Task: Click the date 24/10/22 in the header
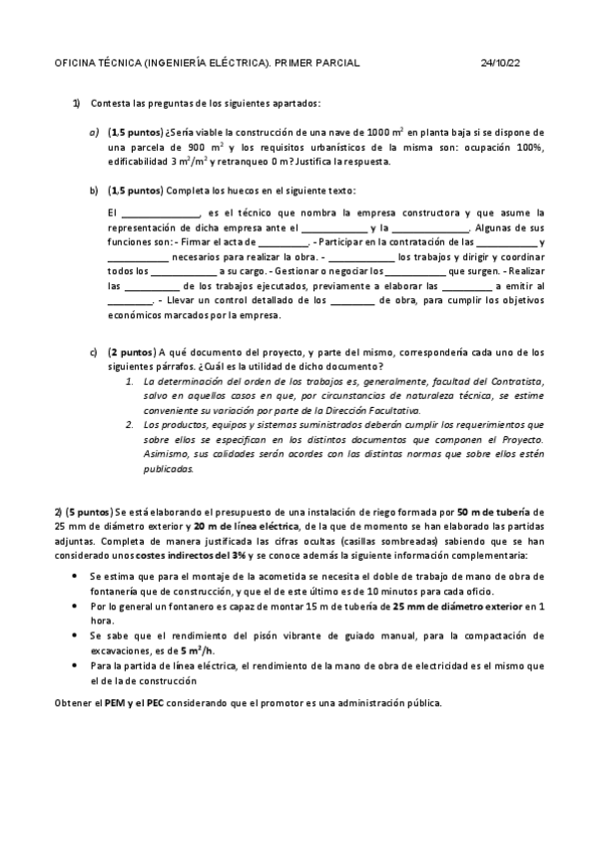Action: tap(500, 63)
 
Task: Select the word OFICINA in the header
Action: tap(74, 63)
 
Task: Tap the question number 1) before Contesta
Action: tap(76, 103)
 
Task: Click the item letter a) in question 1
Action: tap(94, 132)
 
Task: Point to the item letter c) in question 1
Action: tap(94, 352)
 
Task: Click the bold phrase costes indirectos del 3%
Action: tap(184, 555)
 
